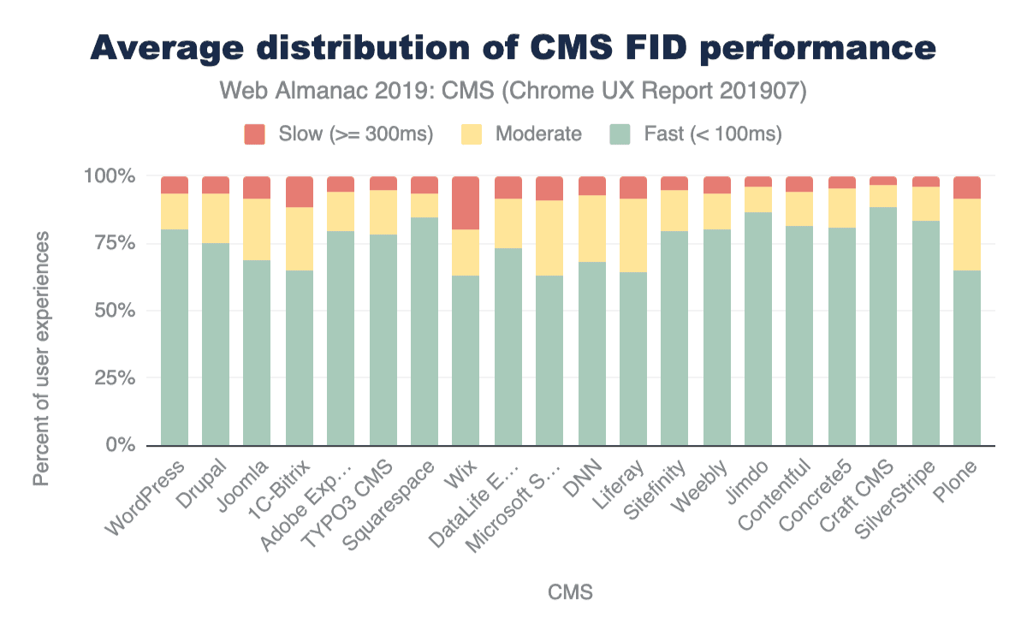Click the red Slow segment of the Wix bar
point(466,203)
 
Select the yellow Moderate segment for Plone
point(967,234)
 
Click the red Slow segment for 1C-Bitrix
point(299,192)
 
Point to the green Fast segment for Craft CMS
point(883,326)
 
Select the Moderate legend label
point(538,134)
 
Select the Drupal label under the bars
point(203,481)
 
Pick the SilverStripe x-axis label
point(898,496)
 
